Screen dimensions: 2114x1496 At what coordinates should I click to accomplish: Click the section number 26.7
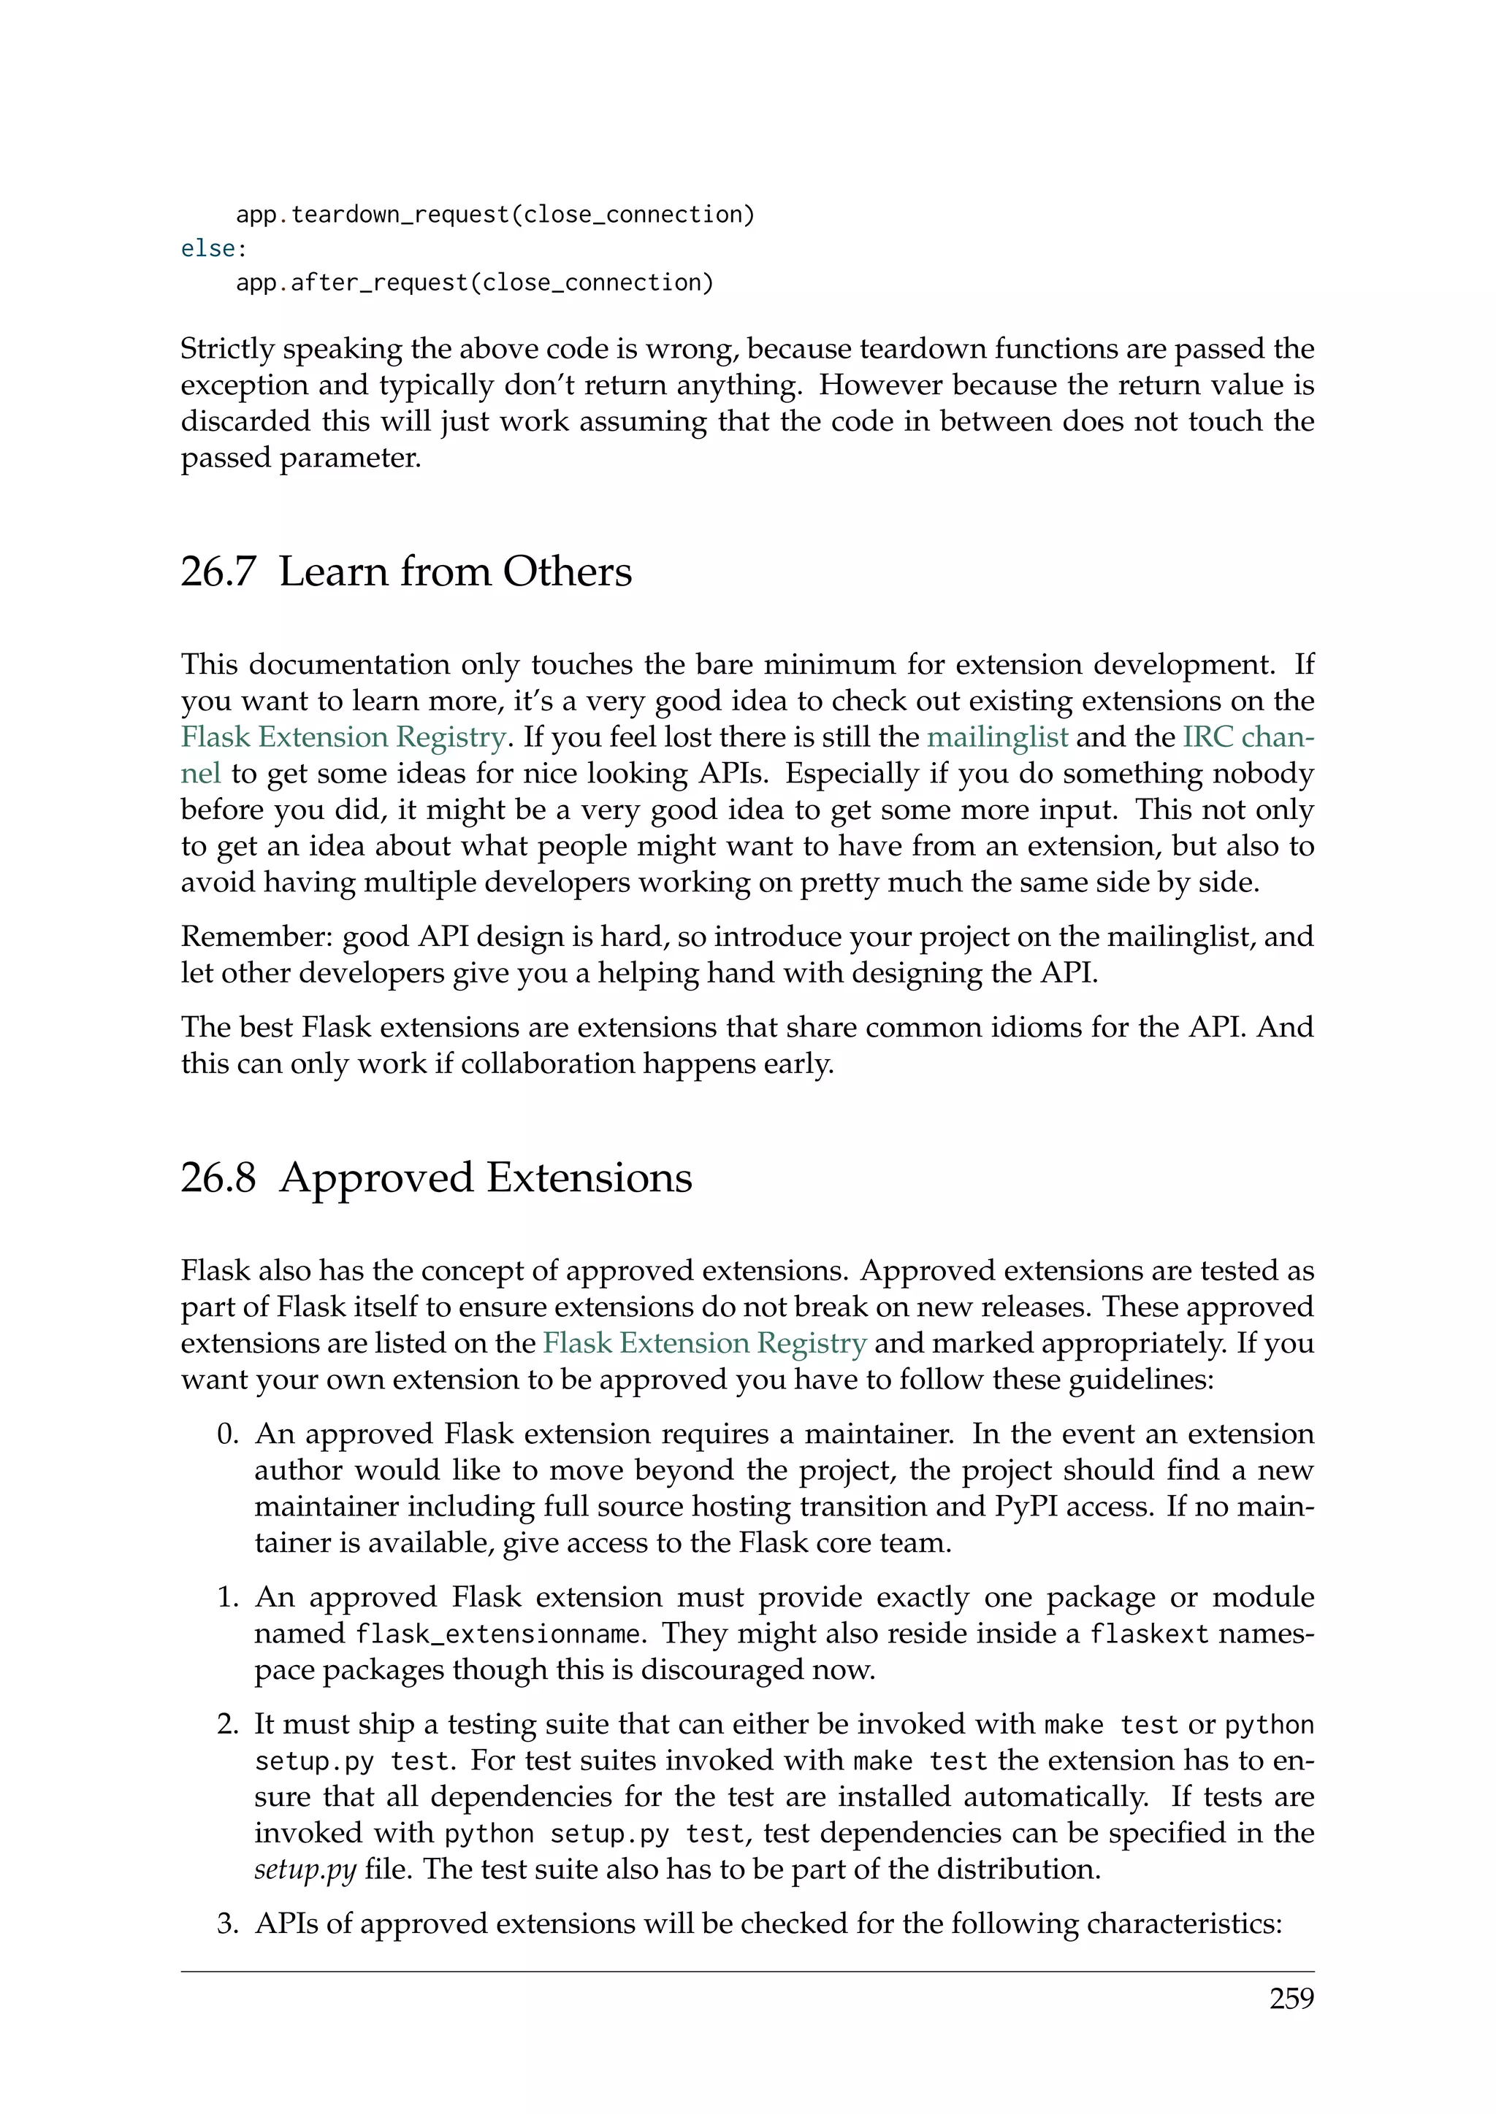pyautogui.click(x=218, y=572)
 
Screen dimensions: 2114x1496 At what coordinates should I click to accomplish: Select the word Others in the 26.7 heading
pyautogui.click(x=567, y=572)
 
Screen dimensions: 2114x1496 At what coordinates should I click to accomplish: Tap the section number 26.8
pyautogui.click(x=218, y=1177)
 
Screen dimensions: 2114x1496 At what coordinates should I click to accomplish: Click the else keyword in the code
pyautogui.click(x=208, y=249)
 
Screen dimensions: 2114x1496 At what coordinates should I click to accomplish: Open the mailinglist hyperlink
pyautogui.click(x=996, y=737)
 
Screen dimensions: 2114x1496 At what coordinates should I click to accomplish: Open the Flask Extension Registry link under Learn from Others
pyautogui.click(x=343, y=737)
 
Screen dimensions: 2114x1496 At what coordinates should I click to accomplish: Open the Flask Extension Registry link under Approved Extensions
pyautogui.click(x=705, y=1343)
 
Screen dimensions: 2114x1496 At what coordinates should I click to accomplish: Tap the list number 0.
pyautogui.click(x=227, y=1434)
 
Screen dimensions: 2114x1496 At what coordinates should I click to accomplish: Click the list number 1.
pyautogui.click(x=227, y=1597)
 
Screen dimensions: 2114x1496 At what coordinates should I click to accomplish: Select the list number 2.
pyautogui.click(x=227, y=1724)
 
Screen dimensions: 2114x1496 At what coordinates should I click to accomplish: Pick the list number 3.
pyautogui.click(x=227, y=1923)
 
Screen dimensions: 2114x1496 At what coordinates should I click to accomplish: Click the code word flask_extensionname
pyautogui.click(x=497, y=1634)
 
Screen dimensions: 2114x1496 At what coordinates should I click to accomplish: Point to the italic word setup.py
pyautogui.click(x=305, y=1870)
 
